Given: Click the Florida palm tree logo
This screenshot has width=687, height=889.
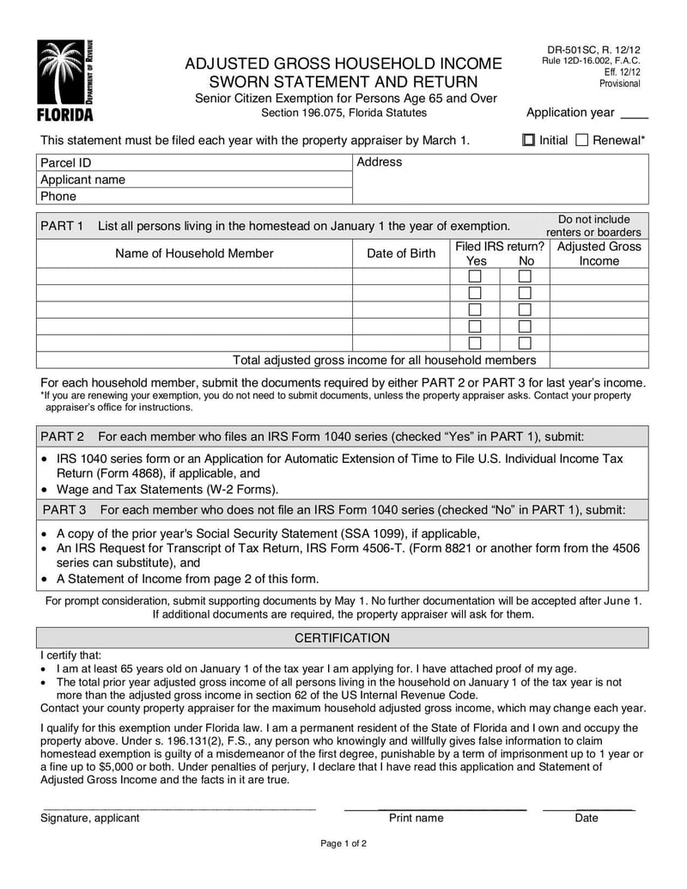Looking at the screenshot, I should pos(65,79).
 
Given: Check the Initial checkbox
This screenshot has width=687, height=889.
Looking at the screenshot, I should pos(529,140).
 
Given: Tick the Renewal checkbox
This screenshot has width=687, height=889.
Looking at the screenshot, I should pos(581,140).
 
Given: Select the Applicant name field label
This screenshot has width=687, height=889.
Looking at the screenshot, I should pos(82,180).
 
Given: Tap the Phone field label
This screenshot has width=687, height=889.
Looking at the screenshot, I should pos(58,196).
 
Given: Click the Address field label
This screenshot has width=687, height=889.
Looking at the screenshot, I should pos(379,161).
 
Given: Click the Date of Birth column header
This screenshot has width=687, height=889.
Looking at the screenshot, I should pos(401,253).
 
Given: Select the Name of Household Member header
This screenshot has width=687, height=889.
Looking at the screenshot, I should pos(194,253).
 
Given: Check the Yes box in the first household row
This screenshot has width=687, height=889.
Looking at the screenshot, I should pos(474,277).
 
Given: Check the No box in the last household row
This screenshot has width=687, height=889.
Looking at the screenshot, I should pos(525,343).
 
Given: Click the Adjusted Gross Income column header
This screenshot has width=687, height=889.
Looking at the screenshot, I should pos(599,253).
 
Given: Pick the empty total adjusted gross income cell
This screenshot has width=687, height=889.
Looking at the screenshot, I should pos(599,360).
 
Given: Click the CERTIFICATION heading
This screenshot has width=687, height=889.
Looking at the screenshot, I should pos(342,638).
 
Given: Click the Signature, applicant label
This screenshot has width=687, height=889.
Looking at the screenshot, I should pos(90,818).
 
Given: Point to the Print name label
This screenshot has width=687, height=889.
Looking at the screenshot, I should pos(416,818).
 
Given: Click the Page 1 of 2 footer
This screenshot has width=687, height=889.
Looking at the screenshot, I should pos(343,868).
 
